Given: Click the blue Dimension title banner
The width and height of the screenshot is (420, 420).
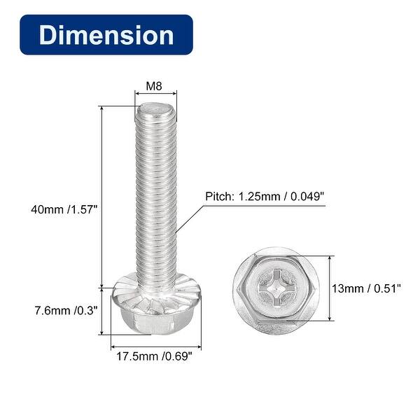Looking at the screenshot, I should (106, 35).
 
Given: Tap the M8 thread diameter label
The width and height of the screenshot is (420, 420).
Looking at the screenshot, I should (155, 87).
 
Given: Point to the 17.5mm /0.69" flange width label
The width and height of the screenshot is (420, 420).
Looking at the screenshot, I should (155, 355).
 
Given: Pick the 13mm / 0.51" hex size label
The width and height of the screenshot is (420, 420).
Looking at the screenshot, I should (369, 287).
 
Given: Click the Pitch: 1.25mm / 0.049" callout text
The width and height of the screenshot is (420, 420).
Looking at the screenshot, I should (265, 197).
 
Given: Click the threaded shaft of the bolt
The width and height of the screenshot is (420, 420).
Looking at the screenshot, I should (155, 196).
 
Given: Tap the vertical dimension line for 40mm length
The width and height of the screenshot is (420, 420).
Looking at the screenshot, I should (102, 196).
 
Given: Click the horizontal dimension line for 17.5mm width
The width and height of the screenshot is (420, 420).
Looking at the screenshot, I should (155, 344).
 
